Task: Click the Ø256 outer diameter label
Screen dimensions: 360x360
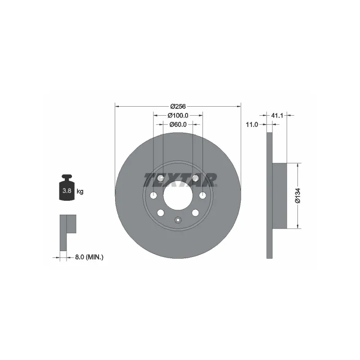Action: (x=178, y=107)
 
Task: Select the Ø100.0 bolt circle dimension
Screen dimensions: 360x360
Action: (x=178, y=116)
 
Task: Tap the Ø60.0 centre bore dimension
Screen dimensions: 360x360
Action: (x=178, y=125)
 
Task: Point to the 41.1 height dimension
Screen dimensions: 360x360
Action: (x=277, y=116)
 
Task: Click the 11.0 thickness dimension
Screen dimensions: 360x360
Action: (x=252, y=125)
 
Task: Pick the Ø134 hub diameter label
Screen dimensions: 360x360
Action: (x=297, y=196)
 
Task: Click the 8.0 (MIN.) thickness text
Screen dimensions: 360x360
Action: (x=89, y=257)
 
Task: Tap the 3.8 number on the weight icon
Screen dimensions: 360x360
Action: (x=67, y=190)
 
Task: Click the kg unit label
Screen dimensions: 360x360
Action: (x=80, y=191)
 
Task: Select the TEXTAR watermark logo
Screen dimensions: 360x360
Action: (x=180, y=180)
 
